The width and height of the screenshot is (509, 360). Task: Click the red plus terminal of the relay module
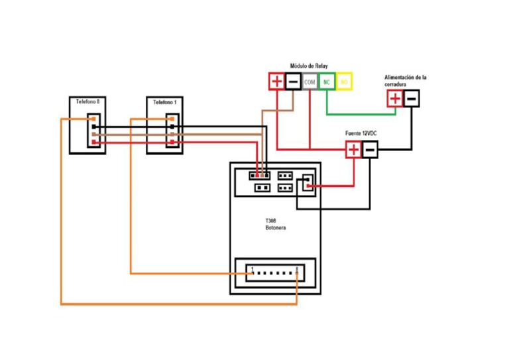coord(276,82)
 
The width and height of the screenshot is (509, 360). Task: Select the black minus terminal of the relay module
coord(293,82)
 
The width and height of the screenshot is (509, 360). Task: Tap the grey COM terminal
coord(310,82)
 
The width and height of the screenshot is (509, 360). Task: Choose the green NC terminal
coord(327,82)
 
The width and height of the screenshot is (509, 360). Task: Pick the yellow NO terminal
coord(344,82)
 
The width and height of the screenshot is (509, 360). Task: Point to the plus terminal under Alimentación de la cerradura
coord(394,99)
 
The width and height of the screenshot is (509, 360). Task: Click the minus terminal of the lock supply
coord(411,99)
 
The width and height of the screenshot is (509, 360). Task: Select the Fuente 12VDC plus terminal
coord(353,150)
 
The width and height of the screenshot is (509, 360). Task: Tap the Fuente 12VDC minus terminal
coord(370,150)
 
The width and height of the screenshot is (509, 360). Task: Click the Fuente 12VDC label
coord(361,135)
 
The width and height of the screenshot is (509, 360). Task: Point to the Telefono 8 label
coord(87,102)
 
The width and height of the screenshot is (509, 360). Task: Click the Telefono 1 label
coord(164,103)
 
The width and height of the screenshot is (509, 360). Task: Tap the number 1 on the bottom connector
coord(253,269)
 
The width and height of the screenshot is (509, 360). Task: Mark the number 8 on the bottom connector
coord(297,269)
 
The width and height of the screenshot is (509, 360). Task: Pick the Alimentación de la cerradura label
coord(405,81)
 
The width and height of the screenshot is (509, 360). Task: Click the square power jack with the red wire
coord(306,183)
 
